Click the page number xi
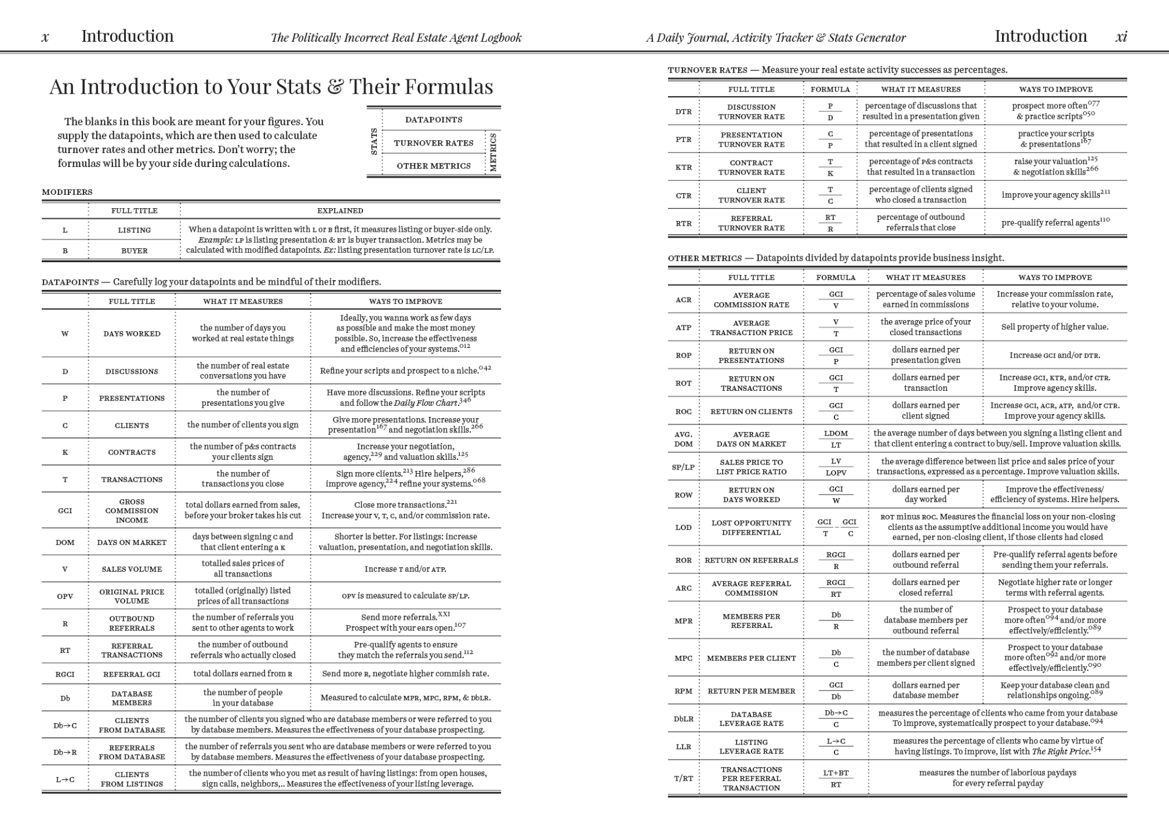pos(1121,37)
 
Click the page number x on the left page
pos(45,37)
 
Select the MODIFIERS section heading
pos(67,192)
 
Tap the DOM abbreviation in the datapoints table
pos(65,542)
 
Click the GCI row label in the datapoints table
pos(65,510)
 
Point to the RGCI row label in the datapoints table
pos(65,674)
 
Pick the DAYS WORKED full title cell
pos(132,333)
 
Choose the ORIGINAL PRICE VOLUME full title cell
pos(132,596)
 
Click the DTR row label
pos(683,111)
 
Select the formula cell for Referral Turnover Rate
pos(830,223)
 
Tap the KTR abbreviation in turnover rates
pos(683,167)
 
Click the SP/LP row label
pos(683,467)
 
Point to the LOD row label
pos(683,527)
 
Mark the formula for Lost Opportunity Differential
pos(836,527)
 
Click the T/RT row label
pos(683,778)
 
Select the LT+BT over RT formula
pos(836,778)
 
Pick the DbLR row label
pos(683,718)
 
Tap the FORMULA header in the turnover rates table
pos(830,89)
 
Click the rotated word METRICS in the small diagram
pos(493,153)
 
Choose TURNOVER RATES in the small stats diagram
pos(434,143)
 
